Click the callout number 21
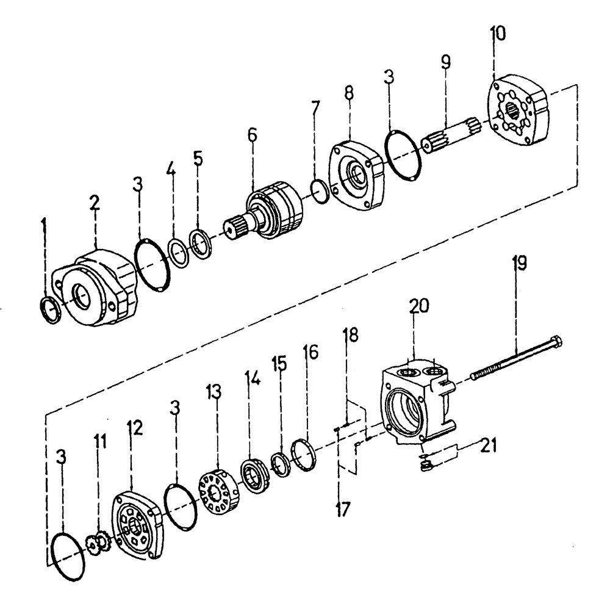click(488, 446)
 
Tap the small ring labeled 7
click(320, 190)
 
